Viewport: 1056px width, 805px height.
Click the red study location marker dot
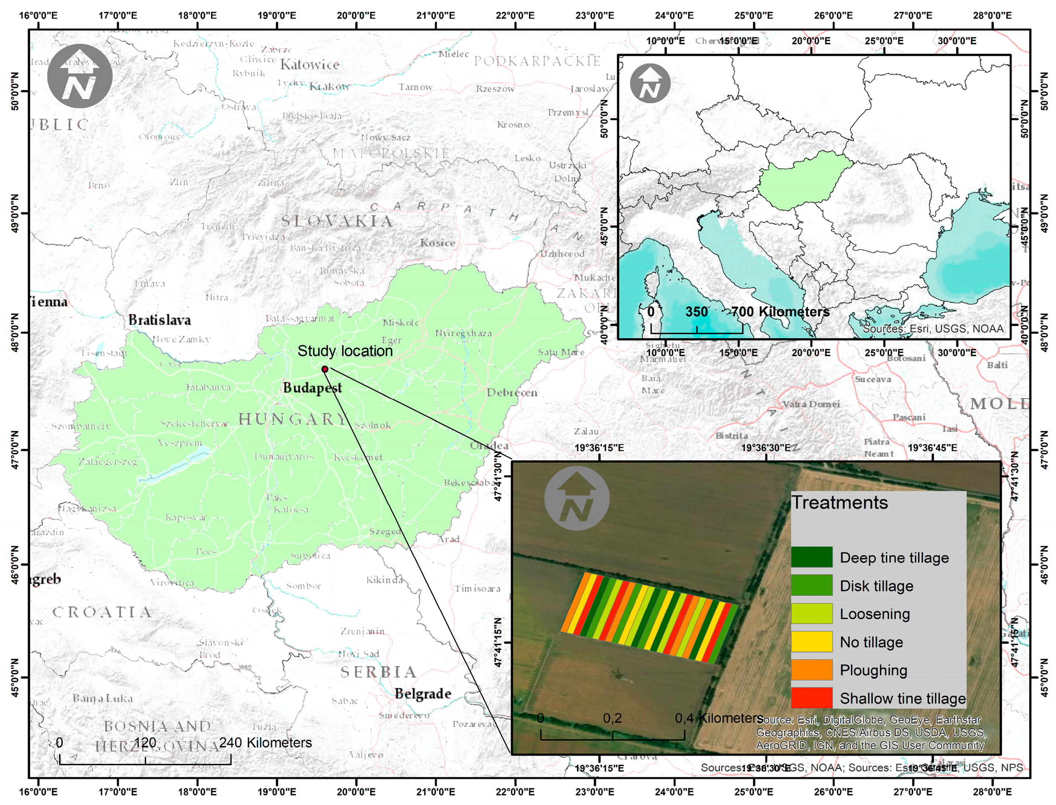pyautogui.click(x=325, y=369)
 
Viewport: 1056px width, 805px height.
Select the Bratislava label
pyautogui.click(x=159, y=320)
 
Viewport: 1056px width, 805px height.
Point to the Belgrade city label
pyautogui.click(x=422, y=694)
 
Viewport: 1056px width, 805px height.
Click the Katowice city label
pyautogui.click(x=309, y=65)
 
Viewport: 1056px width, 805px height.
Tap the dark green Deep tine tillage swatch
pyautogui.click(x=811, y=557)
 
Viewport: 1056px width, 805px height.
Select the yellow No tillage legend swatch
pyautogui.click(x=811, y=642)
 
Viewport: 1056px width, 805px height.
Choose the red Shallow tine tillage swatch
pyautogui.click(x=811, y=698)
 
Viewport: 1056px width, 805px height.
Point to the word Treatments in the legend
pyautogui.click(x=839, y=503)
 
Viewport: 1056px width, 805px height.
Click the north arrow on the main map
pyautogui.click(x=80, y=76)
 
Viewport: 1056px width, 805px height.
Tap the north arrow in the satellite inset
pyautogui.click(x=577, y=498)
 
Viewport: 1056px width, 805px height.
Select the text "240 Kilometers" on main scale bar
pyautogui.click(x=265, y=743)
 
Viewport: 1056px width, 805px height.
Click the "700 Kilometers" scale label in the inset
pyautogui.click(x=781, y=312)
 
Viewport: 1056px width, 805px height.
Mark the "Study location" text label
pyautogui.click(x=345, y=351)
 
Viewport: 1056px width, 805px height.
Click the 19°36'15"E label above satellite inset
pyautogui.click(x=599, y=447)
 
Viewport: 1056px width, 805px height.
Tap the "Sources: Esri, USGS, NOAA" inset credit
pyautogui.click(x=933, y=329)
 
